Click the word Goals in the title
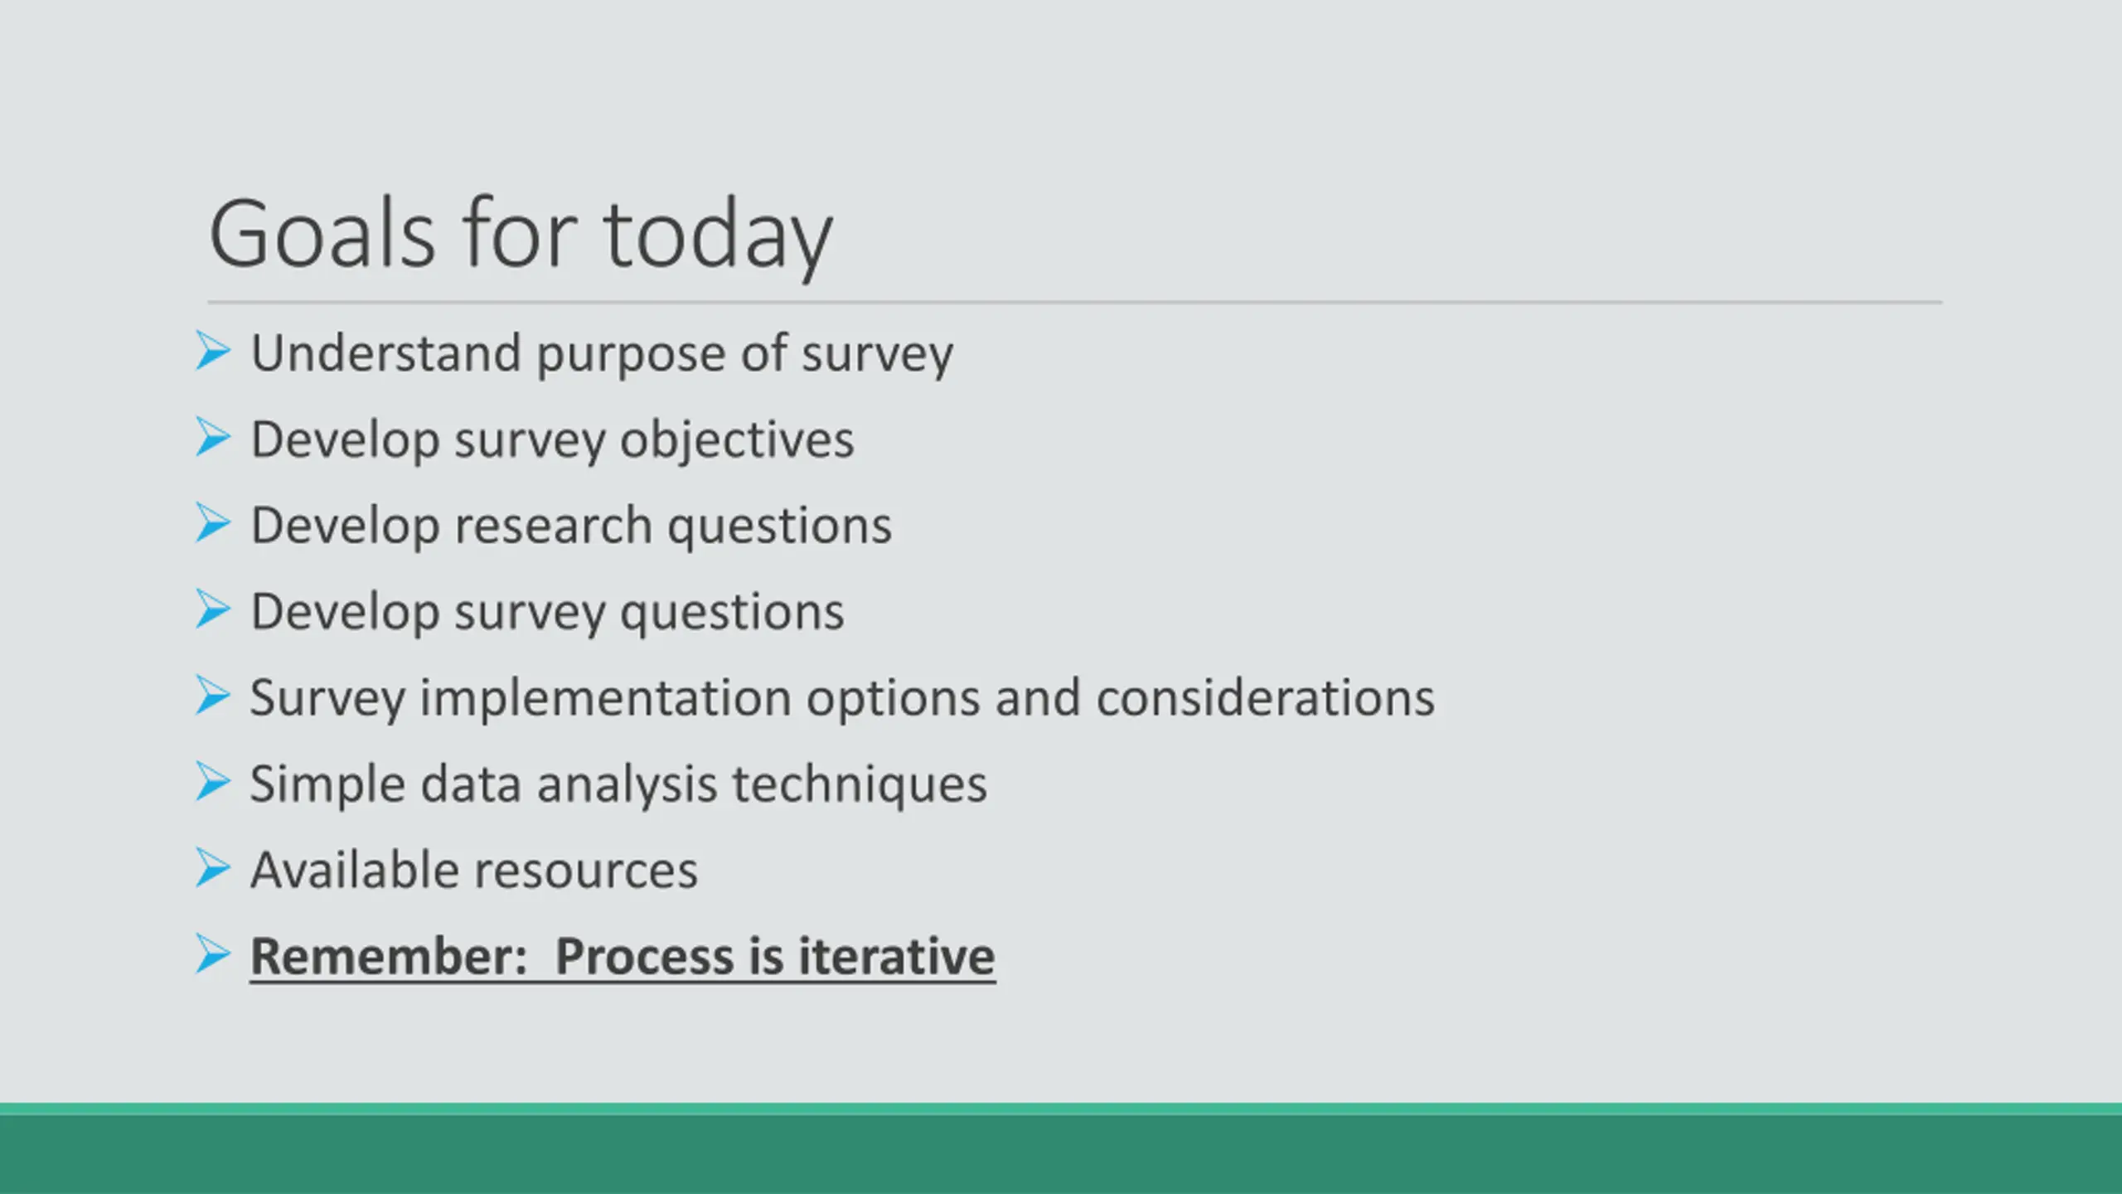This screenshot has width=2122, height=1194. tap(322, 234)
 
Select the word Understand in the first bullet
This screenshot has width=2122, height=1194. tap(385, 353)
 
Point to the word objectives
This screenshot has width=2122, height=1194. tap(737, 442)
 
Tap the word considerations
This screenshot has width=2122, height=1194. tap(1265, 697)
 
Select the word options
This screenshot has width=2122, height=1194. tap(893, 700)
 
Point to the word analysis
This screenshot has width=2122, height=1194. tap(627, 786)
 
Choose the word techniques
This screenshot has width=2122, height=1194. tap(860, 786)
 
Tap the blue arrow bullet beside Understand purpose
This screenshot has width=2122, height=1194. tap(213, 351)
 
